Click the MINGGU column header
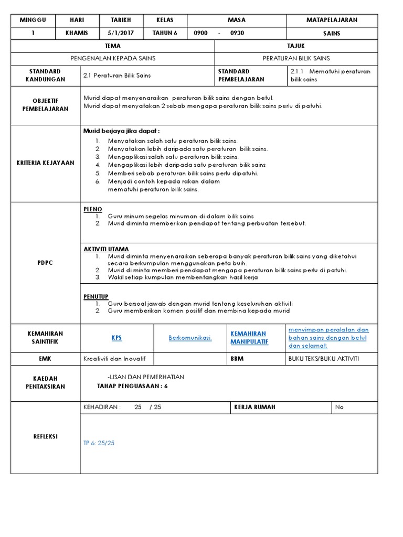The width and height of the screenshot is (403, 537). (33, 20)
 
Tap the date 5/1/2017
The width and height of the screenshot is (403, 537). (121, 33)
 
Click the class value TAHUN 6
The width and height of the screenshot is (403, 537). (165, 33)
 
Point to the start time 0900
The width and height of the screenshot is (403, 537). (200, 33)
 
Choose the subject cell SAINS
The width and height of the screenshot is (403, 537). (332, 33)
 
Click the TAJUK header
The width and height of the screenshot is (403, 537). (296, 46)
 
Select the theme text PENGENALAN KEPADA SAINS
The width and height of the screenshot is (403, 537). (113, 58)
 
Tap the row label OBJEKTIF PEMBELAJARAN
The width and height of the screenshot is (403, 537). (45, 104)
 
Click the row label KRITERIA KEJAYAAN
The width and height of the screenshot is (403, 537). (45, 163)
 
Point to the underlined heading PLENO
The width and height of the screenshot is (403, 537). (93, 209)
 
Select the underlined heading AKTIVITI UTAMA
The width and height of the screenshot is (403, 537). (106, 249)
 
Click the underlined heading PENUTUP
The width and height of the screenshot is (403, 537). (96, 296)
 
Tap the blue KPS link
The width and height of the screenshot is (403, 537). (116, 338)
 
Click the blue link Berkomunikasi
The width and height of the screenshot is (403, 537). (190, 338)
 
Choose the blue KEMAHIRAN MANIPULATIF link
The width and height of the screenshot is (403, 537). (249, 338)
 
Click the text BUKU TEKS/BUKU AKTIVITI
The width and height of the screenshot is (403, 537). (324, 359)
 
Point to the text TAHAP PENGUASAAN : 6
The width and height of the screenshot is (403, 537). (133, 386)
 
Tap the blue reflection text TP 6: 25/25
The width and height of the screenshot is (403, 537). (99, 443)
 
